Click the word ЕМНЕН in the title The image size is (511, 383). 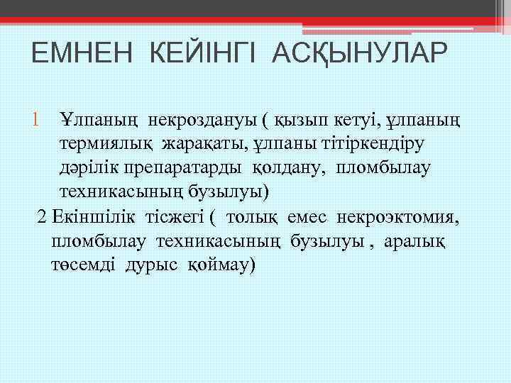76,55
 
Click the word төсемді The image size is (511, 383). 84,265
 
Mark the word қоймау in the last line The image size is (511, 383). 221,265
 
